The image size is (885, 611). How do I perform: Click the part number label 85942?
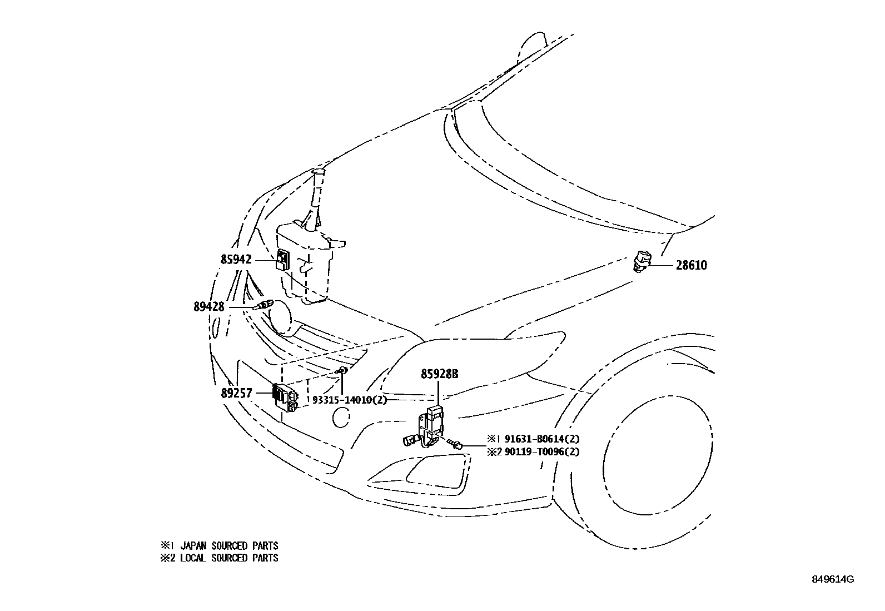[236, 259]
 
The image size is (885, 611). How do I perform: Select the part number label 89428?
[209, 307]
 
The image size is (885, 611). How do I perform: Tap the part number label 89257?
[237, 393]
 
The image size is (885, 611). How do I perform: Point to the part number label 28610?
[692, 265]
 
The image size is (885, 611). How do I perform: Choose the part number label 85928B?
[439, 374]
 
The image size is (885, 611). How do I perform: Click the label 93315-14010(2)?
[350, 400]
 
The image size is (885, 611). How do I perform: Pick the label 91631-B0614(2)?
[543, 439]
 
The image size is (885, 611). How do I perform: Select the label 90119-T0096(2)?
[543, 451]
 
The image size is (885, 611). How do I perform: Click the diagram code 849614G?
[833, 579]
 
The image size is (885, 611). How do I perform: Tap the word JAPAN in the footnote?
[193, 546]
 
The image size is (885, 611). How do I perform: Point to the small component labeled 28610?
[641, 261]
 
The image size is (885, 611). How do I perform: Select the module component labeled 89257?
[285, 398]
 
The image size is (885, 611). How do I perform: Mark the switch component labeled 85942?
[283, 260]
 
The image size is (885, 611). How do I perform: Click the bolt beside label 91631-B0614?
[454, 444]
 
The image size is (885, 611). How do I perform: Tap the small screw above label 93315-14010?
[342, 370]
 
